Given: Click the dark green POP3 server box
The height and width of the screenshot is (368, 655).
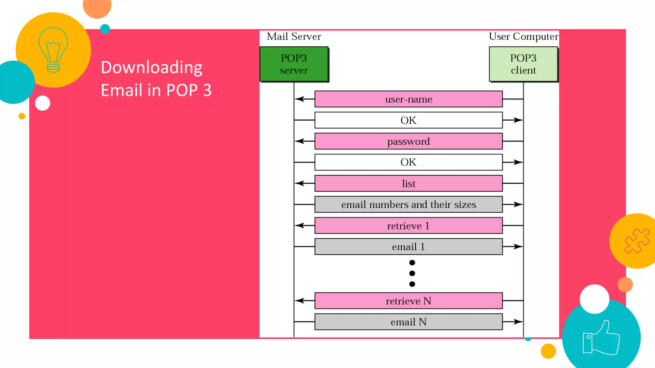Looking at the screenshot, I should coord(294,64).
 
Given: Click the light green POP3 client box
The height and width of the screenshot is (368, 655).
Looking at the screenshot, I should coord(523,64).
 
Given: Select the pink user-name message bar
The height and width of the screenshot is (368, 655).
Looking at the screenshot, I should coord(408,99).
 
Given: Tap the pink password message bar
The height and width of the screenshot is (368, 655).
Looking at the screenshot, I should coord(408,141).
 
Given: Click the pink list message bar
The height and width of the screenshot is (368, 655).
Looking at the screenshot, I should coord(408,183).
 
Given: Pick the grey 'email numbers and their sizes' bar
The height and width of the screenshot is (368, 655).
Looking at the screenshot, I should coord(408,204).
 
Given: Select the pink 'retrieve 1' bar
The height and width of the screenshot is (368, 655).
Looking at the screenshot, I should coord(408,226).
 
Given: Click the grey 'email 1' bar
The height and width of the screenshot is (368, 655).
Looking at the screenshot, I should coord(408,247).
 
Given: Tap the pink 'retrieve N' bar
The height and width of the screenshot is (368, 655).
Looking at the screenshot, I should coord(408,301).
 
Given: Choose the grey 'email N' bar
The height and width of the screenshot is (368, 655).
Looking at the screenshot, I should coord(408,322).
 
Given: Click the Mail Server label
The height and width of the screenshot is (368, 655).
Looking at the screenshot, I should coord(294,36).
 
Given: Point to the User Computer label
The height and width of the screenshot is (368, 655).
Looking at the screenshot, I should coord(524,36).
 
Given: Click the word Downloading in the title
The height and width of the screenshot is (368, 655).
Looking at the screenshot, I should coord(152,67).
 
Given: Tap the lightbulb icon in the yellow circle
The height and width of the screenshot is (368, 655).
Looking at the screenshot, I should coord(53,50).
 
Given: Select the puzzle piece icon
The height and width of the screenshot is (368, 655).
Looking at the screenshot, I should coord(637,241).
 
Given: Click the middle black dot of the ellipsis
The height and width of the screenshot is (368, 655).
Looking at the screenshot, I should coord(412,273).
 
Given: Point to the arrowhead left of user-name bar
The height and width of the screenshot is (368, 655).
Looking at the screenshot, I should coord(299,99).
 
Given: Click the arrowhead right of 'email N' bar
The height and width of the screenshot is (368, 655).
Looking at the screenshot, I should coord(518,322).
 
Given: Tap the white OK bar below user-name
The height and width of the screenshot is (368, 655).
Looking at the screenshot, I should coord(408,120).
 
